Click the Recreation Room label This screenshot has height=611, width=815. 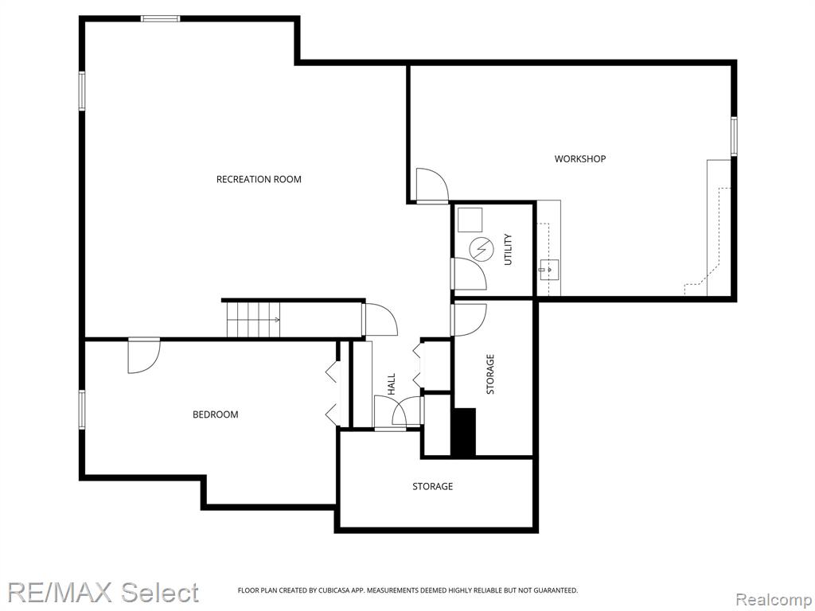click(259, 179)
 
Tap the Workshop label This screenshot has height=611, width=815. click(580, 158)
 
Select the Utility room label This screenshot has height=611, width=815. click(508, 249)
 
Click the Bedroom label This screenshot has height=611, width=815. click(215, 414)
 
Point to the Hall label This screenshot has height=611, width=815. click(392, 384)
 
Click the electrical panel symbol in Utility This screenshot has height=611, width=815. click(480, 249)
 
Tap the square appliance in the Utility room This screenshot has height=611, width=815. click(470, 220)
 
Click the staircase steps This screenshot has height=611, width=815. click(253, 319)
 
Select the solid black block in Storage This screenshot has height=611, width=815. click(463, 432)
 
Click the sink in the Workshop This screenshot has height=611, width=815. click(548, 269)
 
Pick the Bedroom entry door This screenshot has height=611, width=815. click(144, 356)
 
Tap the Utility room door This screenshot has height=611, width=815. click(468, 274)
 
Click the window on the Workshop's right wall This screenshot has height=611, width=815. click(733, 136)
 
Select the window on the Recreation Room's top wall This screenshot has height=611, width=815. click(161, 19)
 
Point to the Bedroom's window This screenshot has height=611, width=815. click(82, 410)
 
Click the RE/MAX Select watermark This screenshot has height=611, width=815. click(103, 593)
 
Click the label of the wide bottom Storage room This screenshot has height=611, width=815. click(432, 486)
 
